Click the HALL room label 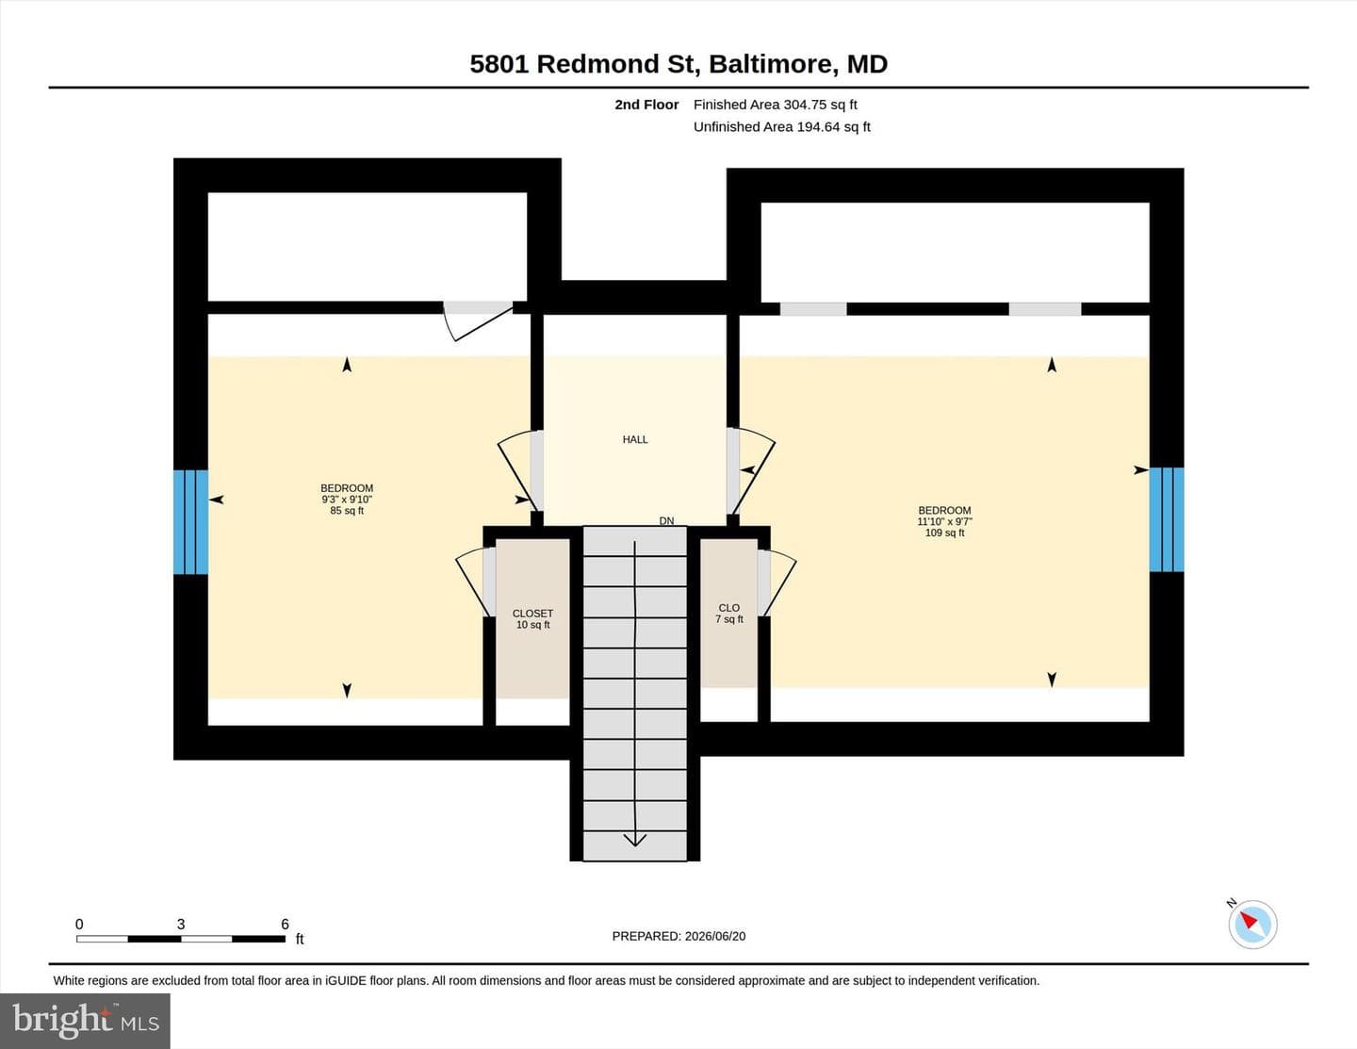tap(635, 439)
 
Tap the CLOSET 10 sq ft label tap(532, 619)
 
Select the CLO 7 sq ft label tap(729, 614)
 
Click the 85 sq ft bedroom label tap(347, 499)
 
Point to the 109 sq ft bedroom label tap(945, 521)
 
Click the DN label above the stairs tap(667, 521)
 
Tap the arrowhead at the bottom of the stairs tap(635, 840)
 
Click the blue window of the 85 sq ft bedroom tap(190, 522)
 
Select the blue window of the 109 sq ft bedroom tap(1167, 519)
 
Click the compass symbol tap(1252, 924)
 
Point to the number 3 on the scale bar tap(181, 924)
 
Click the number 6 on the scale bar tap(286, 924)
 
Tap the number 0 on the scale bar tap(79, 924)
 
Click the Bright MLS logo tap(86, 1021)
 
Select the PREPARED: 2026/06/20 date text tap(678, 936)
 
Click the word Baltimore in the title tap(774, 64)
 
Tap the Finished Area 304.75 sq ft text tap(775, 105)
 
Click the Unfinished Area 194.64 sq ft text tap(782, 126)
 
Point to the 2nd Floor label tap(646, 105)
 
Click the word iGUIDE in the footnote tap(345, 980)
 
